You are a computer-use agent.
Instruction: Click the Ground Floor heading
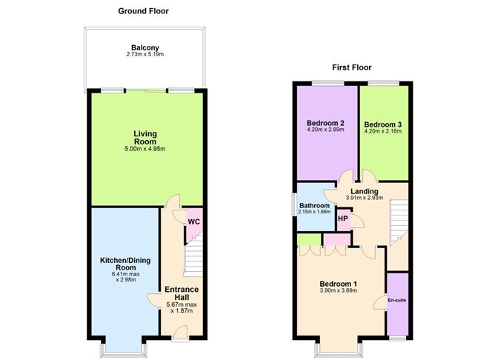click(x=143, y=11)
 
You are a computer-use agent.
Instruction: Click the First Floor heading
click(x=352, y=67)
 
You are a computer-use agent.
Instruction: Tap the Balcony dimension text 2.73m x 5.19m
click(x=145, y=54)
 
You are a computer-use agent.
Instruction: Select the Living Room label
click(x=145, y=138)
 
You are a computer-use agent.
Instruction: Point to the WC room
click(x=194, y=221)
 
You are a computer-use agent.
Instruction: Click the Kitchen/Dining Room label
click(x=125, y=264)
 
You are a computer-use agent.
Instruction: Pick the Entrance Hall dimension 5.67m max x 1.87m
click(x=182, y=307)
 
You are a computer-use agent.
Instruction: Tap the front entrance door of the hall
click(x=181, y=334)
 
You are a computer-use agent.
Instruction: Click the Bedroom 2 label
click(x=325, y=123)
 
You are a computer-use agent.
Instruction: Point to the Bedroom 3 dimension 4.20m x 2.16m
click(x=383, y=131)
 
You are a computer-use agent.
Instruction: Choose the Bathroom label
click(x=315, y=205)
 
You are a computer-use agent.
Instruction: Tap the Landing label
click(x=365, y=191)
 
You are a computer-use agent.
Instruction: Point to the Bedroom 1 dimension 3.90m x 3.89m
click(x=339, y=290)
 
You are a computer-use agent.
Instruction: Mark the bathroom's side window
click(x=293, y=204)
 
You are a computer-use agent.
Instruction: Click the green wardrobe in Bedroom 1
click(x=310, y=239)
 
